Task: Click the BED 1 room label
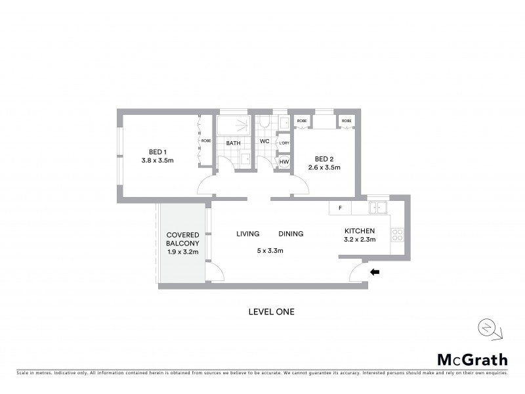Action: [157, 149]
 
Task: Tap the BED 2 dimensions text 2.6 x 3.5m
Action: [325, 167]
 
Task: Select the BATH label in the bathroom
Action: [234, 142]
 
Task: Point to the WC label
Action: [265, 142]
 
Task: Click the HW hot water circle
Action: [284, 162]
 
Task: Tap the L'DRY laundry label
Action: [284, 143]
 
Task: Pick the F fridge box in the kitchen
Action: [340, 208]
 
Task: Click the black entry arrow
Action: [375, 271]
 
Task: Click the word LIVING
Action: [248, 233]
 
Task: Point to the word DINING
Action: [291, 233]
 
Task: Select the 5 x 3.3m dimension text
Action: [269, 250]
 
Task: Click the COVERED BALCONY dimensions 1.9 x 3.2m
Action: [183, 252]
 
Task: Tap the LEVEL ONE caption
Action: [270, 312]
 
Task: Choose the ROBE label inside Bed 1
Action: [206, 141]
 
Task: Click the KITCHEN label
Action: [360, 230]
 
